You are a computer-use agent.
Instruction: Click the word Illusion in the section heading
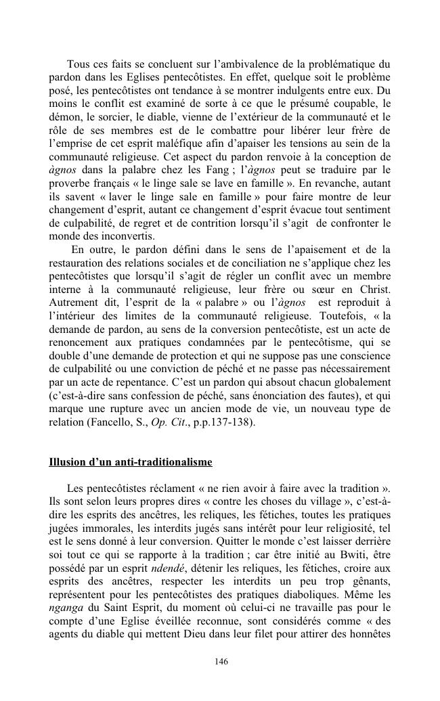pos(68,462)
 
